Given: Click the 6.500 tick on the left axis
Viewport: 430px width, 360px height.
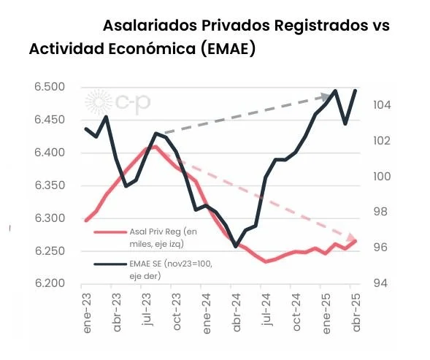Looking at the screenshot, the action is (x=50, y=87).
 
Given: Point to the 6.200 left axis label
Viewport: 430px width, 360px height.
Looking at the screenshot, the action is (x=50, y=283).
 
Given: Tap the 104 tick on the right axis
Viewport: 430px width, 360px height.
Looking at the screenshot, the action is (x=382, y=105).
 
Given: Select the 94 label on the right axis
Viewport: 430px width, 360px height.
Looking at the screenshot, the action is (x=381, y=283).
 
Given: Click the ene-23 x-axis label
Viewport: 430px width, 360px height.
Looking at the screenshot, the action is (x=87, y=313).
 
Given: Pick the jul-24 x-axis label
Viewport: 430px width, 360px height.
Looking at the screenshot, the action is (x=266, y=310).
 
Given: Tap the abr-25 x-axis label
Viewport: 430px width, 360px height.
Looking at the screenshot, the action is (x=356, y=313).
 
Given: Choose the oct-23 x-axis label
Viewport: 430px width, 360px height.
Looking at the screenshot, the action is (x=177, y=312).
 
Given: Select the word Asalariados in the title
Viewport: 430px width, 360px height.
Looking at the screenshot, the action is (x=150, y=26).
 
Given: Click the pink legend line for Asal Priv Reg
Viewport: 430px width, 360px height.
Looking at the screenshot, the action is (x=110, y=232).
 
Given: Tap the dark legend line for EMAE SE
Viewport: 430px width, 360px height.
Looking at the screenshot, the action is (x=110, y=264).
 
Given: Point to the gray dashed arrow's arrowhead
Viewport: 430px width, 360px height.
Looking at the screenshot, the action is (x=326, y=96).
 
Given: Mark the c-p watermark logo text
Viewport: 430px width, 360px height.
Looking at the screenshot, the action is (x=133, y=103).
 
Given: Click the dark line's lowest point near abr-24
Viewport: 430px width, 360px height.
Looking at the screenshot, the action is (x=236, y=246).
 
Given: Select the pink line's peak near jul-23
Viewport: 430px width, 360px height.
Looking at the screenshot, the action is (x=155, y=147).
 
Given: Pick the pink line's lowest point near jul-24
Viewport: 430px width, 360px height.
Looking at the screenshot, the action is (x=266, y=261).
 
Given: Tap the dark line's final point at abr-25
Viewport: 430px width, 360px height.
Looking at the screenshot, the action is (x=356, y=91).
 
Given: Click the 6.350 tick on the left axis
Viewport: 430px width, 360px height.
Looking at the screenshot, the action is (x=50, y=185).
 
